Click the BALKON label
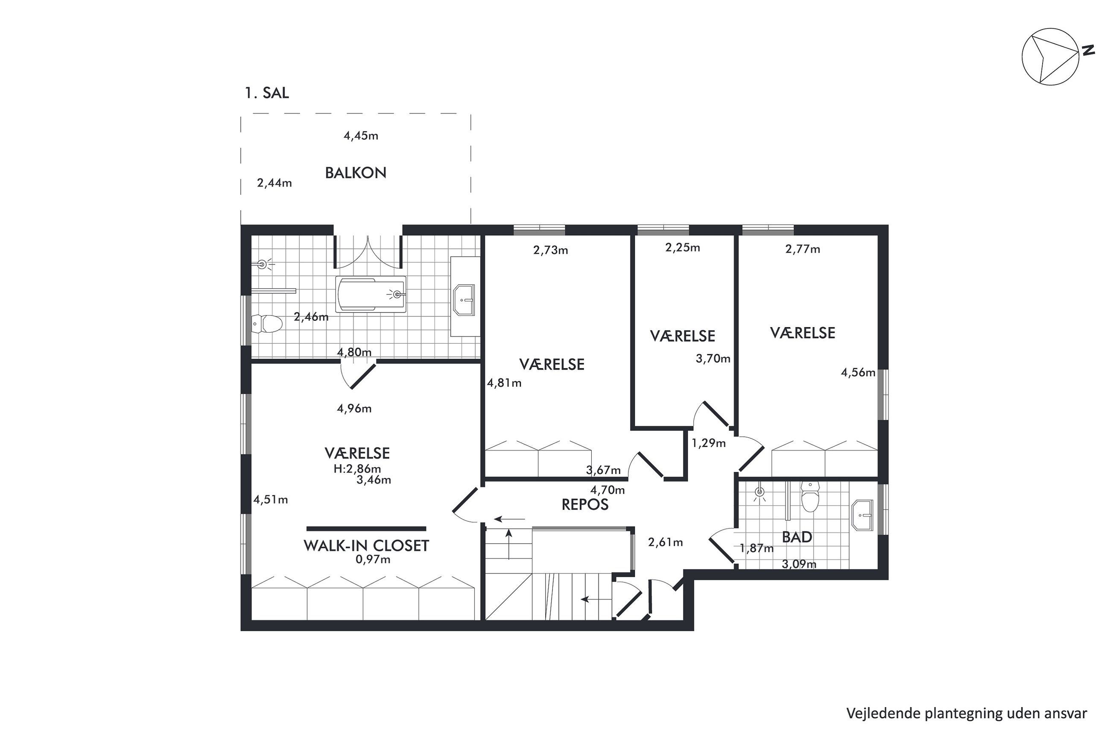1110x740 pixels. coord(356,173)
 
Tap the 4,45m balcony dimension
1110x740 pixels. coord(361,136)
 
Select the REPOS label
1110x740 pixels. coord(585,504)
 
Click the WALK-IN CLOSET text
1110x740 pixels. coord(366,546)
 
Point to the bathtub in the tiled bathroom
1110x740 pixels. coord(371,295)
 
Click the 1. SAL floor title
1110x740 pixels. coord(266,93)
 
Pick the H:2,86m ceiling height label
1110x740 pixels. coord(357,469)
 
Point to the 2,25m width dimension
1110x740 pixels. coord(683,248)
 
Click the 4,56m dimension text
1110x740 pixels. coord(858,373)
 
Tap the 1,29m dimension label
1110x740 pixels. coord(709,443)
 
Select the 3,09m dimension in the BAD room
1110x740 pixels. coord(799,564)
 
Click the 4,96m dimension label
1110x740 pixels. coord(354,409)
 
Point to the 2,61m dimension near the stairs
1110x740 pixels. coord(666,543)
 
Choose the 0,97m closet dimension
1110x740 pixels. coord(373,560)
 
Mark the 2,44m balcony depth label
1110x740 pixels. coord(275,183)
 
